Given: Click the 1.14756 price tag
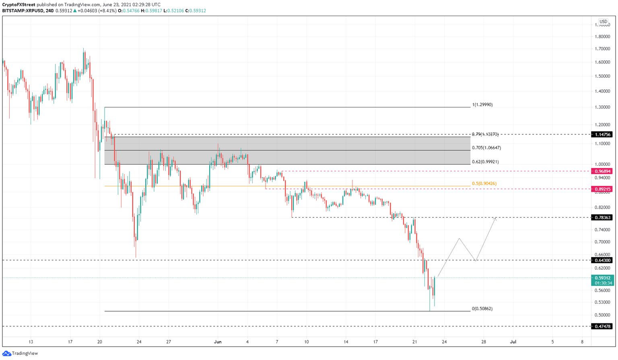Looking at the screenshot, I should [602, 135].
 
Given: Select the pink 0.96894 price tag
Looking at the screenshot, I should [602, 171].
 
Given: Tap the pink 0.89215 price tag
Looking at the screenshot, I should [602, 189].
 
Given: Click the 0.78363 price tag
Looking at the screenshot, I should [602, 218].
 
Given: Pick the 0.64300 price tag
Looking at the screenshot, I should [602, 260].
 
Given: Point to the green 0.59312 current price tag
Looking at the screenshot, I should [602, 278].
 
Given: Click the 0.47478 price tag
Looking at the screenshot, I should [602, 327].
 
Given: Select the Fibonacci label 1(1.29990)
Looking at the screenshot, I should [482, 105].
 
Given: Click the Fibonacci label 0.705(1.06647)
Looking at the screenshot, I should [486, 148].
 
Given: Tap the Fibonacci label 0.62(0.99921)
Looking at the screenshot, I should [485, 162].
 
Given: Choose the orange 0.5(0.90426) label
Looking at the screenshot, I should [484, 184].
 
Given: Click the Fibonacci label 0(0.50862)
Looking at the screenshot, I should [482, 309].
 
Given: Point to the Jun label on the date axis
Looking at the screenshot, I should [218, 342].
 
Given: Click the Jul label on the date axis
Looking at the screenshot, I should [513, 342].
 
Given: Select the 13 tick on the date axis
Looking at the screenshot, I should [31, 342].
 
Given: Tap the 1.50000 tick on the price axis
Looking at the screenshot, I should [602, 76].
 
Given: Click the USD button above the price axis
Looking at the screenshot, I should [603, 22].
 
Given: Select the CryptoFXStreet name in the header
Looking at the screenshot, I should [19, 5].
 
